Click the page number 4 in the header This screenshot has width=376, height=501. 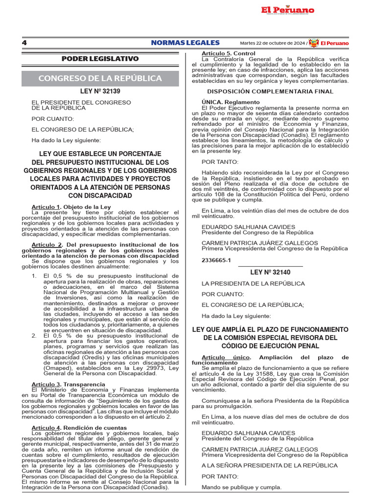[x=24, y=43]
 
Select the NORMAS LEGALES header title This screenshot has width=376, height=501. [x=185, y=43]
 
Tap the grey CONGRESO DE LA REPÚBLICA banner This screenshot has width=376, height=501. [x=100, y=78]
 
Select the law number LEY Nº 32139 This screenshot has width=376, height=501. [x=100, y=91]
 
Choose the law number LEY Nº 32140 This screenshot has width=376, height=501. [x=270, y=272]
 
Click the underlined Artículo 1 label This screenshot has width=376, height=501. [x=46, y=207]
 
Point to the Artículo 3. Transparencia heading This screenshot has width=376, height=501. [x=69, y=385]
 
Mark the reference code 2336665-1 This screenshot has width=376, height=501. [x=216, y=261]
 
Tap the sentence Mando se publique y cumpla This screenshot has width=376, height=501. [x=241, y=487]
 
